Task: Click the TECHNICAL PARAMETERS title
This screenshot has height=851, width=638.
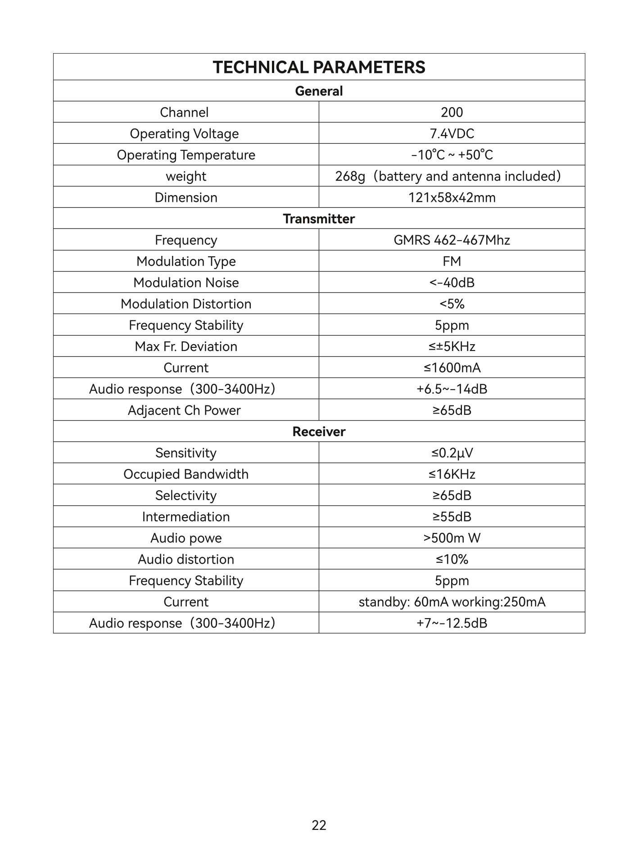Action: [319, 67]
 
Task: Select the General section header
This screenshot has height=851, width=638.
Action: [319, 91]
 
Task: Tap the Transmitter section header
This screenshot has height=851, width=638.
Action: [319, 218]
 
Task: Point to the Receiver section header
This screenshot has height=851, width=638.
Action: [319, 432]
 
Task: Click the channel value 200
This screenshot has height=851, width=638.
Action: [452, 112]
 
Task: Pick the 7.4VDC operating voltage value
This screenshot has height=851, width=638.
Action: [452, 134]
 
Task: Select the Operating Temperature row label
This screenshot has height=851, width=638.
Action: [186, 155]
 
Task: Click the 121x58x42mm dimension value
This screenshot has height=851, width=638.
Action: [452, 197]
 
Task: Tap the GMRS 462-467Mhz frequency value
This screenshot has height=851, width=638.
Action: [452, 240]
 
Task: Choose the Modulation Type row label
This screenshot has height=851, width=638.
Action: [186, 261]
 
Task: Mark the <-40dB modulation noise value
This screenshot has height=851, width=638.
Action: [452, 282]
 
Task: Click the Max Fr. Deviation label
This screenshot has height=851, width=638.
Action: [186, 346]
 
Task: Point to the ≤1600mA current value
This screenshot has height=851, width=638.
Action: [452, 368]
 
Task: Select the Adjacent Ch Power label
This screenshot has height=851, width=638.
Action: [184, 410]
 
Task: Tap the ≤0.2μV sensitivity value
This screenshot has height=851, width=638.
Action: [452, 453]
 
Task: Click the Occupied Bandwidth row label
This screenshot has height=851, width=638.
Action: [186, 474]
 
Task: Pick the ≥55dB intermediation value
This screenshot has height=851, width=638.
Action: [452, 517]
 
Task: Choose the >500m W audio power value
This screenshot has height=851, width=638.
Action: [452, 538]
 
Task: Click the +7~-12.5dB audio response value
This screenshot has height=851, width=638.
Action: [452, 623]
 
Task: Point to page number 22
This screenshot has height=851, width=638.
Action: [319, 825]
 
